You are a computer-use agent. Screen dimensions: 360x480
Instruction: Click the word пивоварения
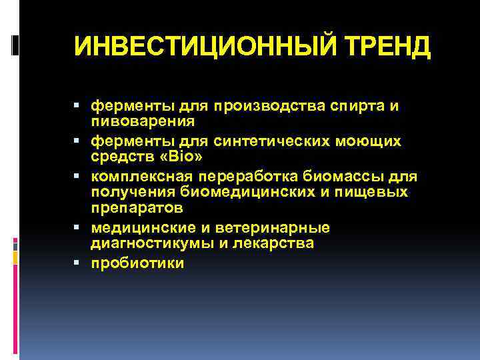pos(143,121)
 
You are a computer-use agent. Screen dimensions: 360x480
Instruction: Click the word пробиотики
pos(137,264)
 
